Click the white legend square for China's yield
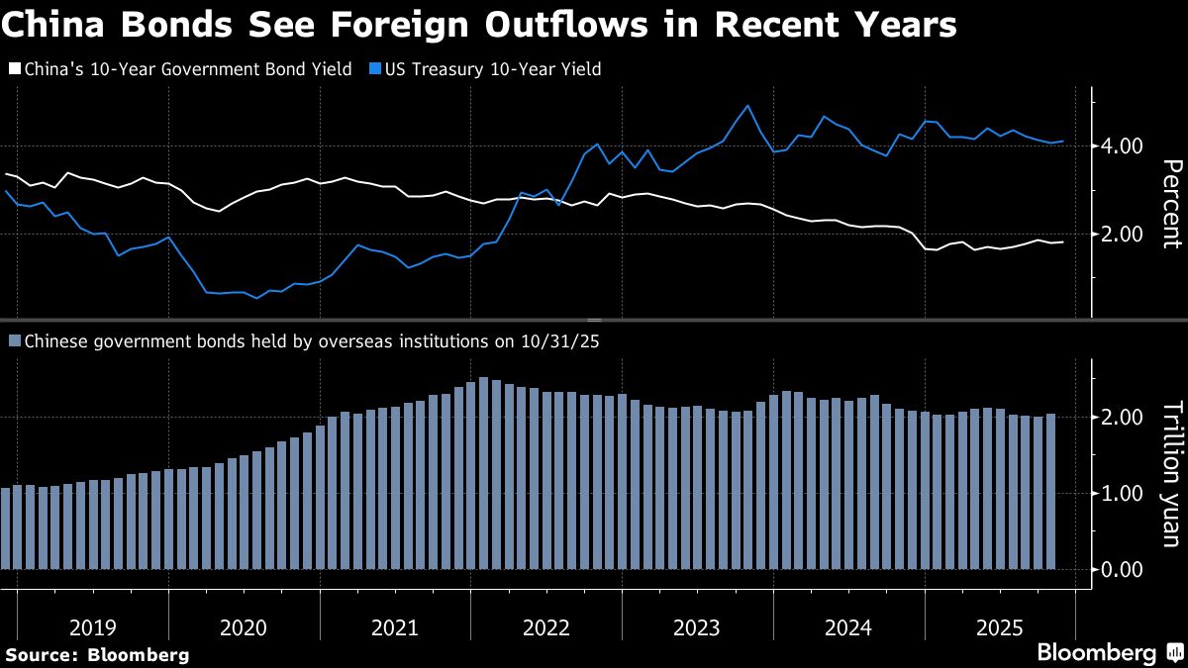coord(13,69)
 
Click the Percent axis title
coord(1170,203)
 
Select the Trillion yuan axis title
coord(1170,473)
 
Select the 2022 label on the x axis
coord(545,627)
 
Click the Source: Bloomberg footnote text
coord(97,654)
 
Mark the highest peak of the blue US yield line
coord(747,106)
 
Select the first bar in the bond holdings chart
coord(5,528)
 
